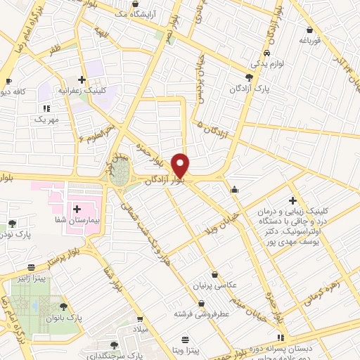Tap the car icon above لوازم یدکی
[267, 53]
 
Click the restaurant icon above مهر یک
[46, 108]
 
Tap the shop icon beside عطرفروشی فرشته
[202, 303]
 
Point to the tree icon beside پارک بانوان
[64, 307]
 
